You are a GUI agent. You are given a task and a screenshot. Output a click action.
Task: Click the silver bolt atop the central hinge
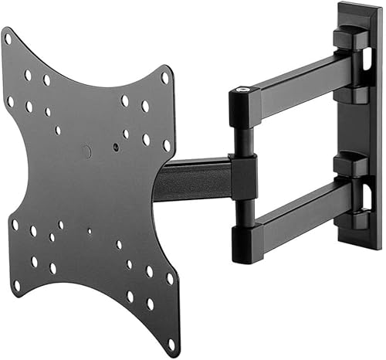coord(245,92)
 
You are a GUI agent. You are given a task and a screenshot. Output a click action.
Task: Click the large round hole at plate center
coord(87,151)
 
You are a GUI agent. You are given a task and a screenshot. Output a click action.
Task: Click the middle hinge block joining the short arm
coord(243,175)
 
